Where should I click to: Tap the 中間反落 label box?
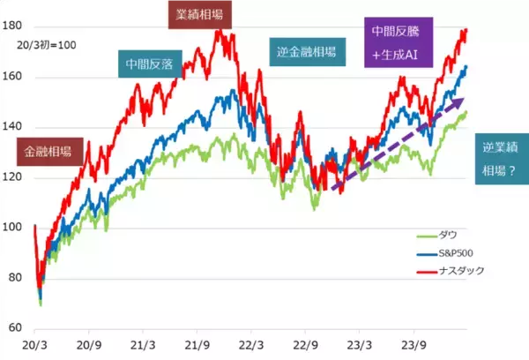148,64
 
